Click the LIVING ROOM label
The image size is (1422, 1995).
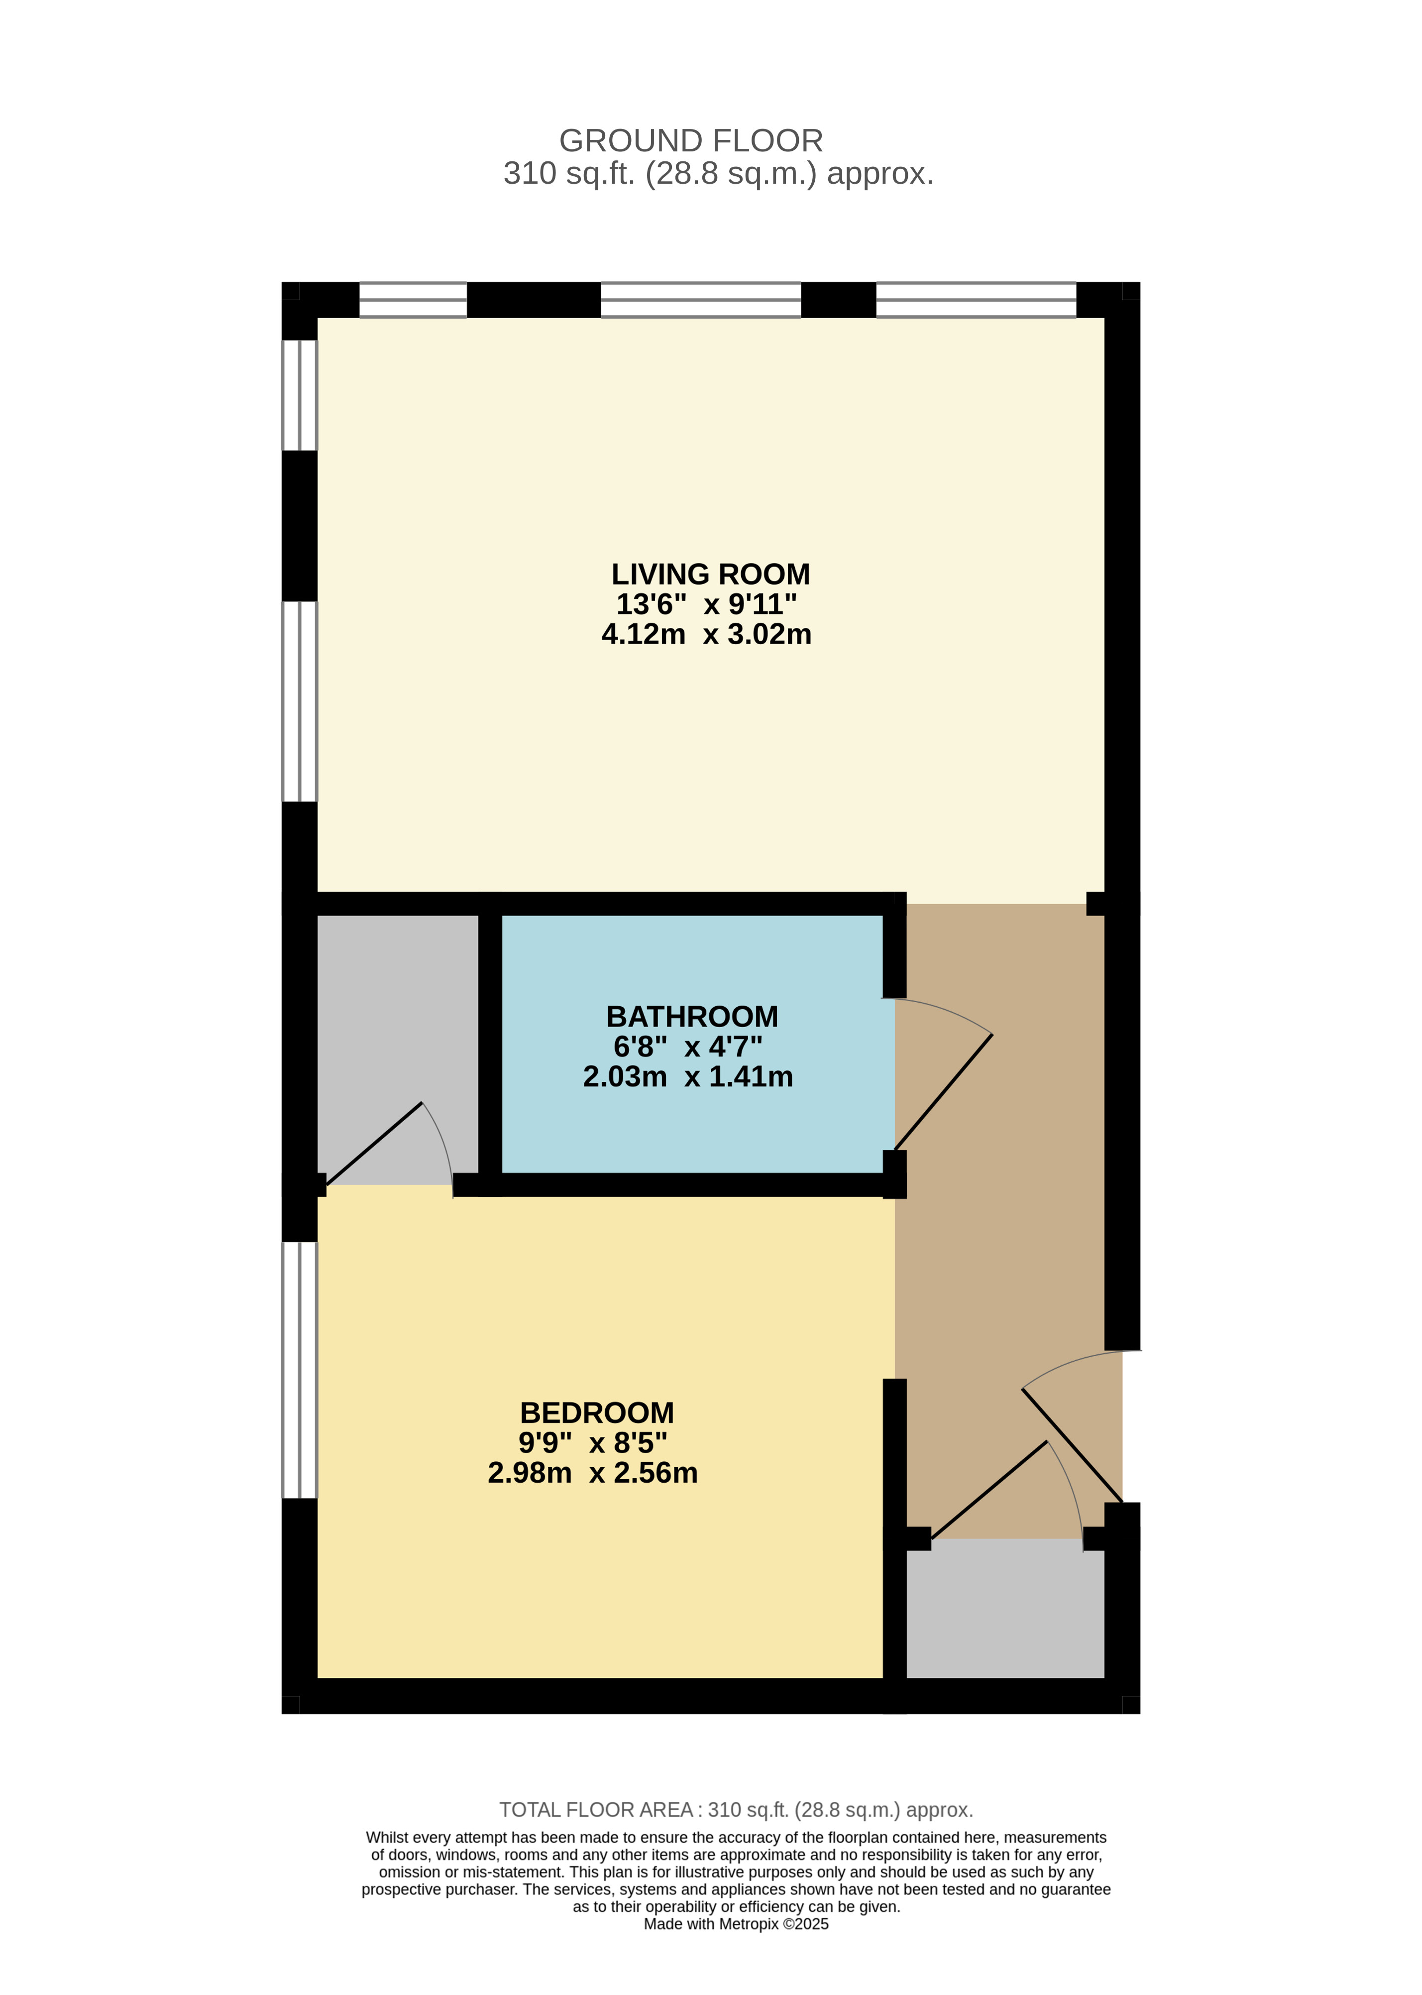point(710,575)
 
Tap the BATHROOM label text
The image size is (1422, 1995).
point(692,1017)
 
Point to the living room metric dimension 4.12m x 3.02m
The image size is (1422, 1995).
point(707,634)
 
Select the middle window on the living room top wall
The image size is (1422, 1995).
point(700,300)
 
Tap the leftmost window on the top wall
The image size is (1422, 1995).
point(413,300)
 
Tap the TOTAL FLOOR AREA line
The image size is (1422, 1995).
point(736,1809)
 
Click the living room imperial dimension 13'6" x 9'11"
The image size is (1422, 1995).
point(707,604)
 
